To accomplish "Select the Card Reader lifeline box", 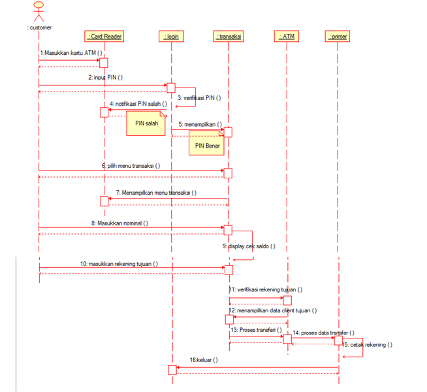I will [x=104, y=37].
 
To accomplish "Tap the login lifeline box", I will [x=171, y=37].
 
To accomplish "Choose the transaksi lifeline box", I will [x=229, y=37].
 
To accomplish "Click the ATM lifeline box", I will [x=287, y=37].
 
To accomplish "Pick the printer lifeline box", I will [x=338, y=37].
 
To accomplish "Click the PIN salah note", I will [x=146, y=123].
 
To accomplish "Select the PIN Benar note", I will [x=206, y=144].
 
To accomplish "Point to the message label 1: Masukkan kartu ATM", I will [x=72, y=52].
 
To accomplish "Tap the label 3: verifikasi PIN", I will [x=199, y=97].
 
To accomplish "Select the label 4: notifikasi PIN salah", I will [x=138, y=104].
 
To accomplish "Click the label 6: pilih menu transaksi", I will [x=131, y=165].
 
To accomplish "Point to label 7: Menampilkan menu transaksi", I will [x=156, y=193].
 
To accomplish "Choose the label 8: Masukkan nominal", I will [x=119, y=222].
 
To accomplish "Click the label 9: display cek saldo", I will [x=248, y=246].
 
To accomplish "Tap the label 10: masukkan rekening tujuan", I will [x=119, y=263].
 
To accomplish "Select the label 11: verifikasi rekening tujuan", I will [x=265, y=289].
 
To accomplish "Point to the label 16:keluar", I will [x=204, y=359].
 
